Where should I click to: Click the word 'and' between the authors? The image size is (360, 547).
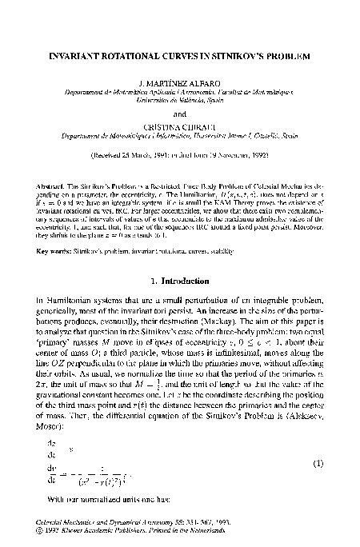180,113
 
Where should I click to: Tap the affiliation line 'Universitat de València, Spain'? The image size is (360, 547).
180,102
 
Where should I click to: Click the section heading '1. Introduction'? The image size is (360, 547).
180,282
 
